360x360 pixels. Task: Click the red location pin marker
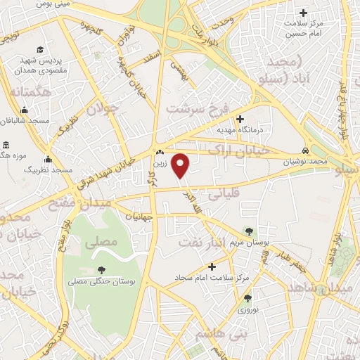click(181, 166)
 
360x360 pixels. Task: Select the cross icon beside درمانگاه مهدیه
click(240, 119)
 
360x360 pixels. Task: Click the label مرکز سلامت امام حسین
click(304, 27)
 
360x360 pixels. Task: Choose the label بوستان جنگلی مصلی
click(101, 281)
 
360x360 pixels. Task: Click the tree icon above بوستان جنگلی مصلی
click(101, 269)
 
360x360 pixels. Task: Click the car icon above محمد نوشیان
click(304, 151)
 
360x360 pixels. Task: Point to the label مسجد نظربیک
click(49, 170)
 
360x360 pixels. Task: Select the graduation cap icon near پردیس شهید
click(41, 51)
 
